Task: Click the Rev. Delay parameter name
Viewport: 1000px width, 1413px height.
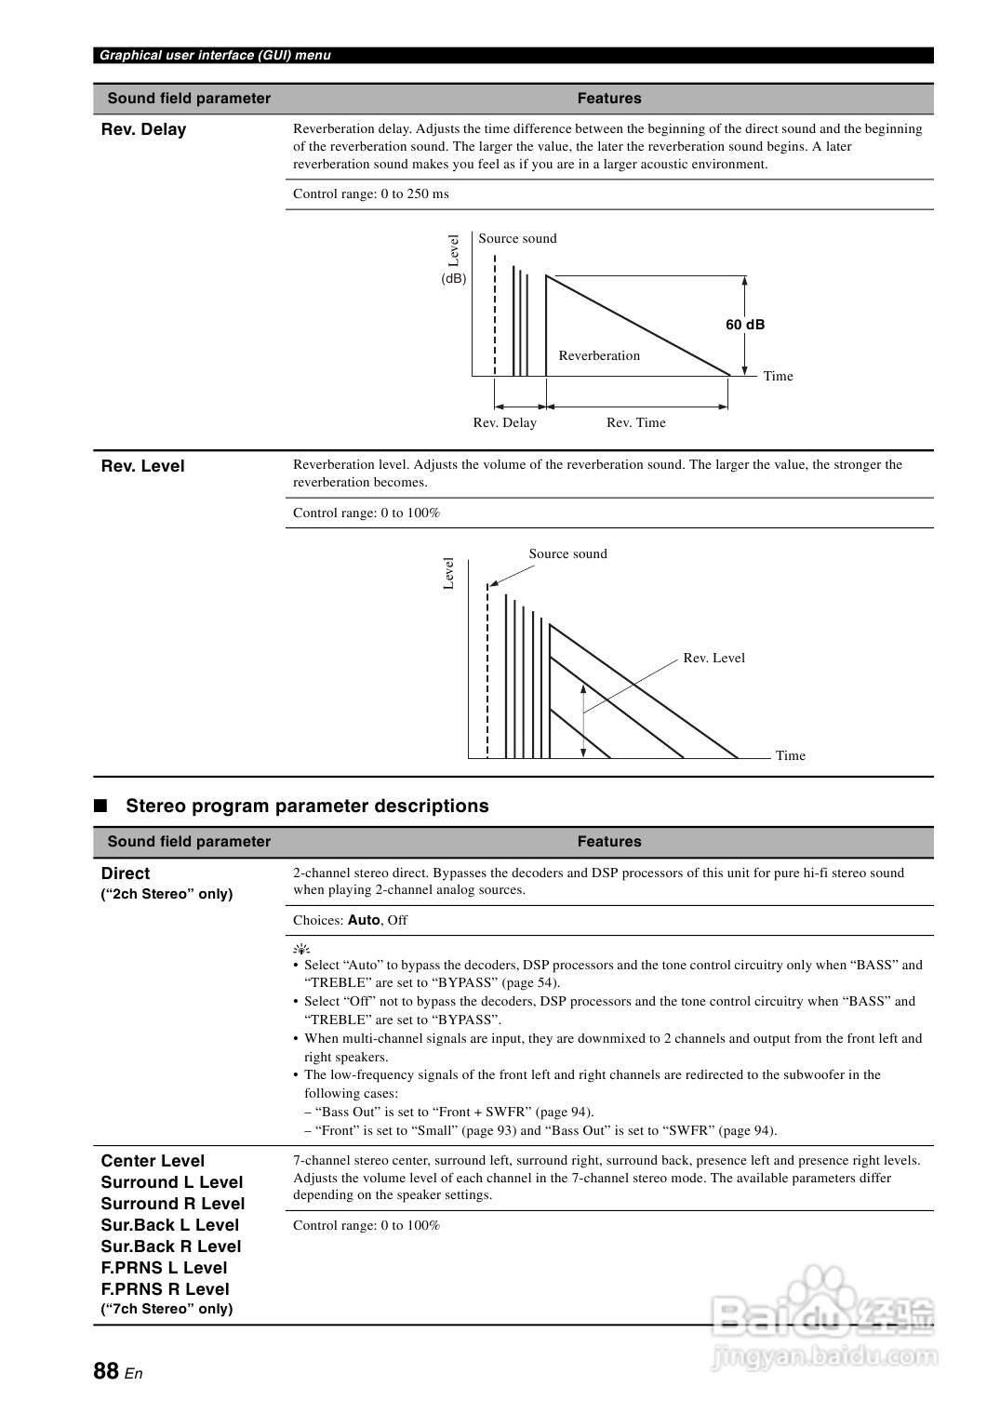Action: click(143, 130)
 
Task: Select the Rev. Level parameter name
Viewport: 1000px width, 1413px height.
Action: click(142, 466)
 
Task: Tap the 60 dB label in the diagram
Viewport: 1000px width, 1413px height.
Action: click(745, 325)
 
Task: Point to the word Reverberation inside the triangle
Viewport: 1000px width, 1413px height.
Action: click(599, 355)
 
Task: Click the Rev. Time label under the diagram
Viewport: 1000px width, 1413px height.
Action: click(636, 422)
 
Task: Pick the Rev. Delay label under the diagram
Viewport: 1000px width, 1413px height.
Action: click(504, 422)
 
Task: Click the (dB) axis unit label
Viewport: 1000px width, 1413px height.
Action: click(454, 278)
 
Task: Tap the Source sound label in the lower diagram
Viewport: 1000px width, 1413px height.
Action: click(567, 553)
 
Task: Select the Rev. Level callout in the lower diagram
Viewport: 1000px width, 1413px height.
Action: click(713, 658)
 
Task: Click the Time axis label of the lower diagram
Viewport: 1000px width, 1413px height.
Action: click(790, 755)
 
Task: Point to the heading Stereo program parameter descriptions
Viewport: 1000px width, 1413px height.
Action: click(307, 806)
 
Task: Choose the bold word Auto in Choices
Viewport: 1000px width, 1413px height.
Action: click(364, 920)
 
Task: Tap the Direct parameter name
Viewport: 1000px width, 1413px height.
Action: click(125, 873)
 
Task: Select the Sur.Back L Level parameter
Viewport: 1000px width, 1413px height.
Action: click(170, 1225)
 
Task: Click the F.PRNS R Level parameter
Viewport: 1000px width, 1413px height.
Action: click(165, 1289)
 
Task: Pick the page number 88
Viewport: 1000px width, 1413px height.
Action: click(106, 1371)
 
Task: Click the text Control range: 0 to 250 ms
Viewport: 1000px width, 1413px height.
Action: click(371, 193)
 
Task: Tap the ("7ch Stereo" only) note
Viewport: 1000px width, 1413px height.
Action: click(167, 1309)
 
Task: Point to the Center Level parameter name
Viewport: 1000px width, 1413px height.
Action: click(153, 1161)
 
